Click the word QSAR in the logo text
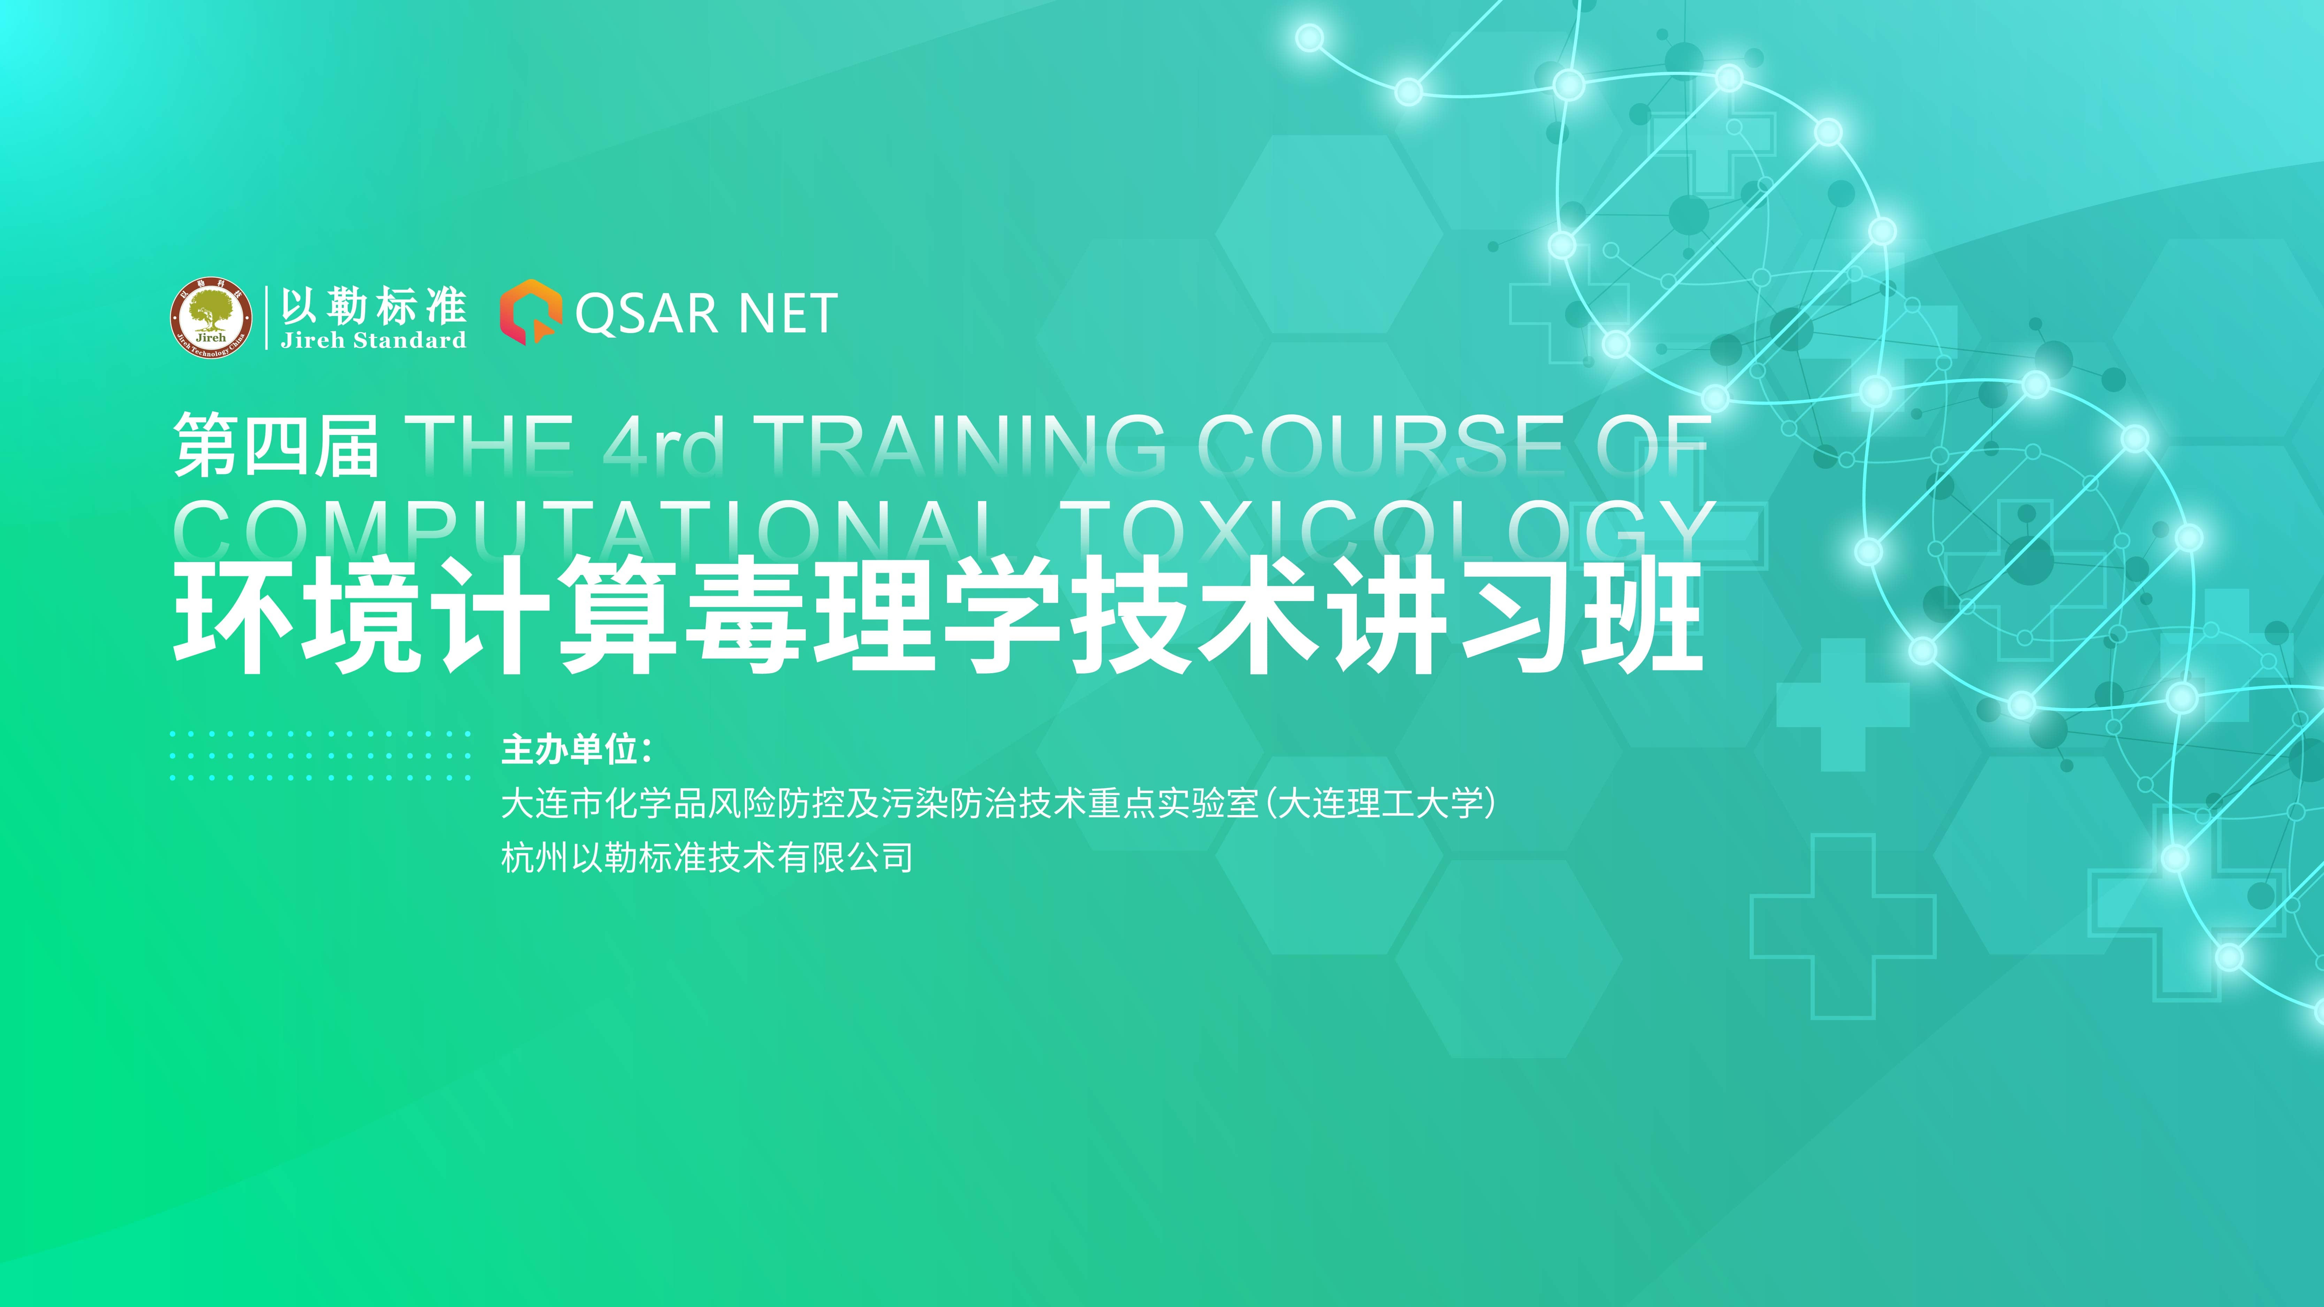pyautogui.click(x=646, y=314)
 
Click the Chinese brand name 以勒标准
pyautogui.click(x=374, y=307)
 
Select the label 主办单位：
pyautogui.click(x=578, y=749)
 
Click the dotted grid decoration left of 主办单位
pyautogui.click(x=320, y=755)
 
